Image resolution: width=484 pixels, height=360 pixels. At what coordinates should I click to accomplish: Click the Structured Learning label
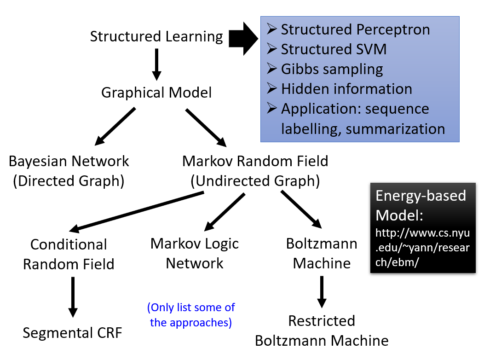pyautogui.click(x=156, y=37)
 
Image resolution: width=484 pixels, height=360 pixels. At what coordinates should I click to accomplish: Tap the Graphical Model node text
pyautogui.click(x=156, y=93)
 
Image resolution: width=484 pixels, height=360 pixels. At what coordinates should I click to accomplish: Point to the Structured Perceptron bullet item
pyautogui.click(x=355, y=30)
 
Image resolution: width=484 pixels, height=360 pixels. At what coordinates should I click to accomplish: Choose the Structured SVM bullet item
pyautogui.click(x=333, y=49)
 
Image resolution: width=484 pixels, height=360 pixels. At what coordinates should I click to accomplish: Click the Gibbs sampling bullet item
pyautogui.click(x=331, y=69)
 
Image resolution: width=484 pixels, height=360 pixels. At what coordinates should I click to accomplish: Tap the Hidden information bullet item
pyautogui.click(x=346, y=89)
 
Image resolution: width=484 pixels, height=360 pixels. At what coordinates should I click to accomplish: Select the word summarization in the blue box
pyautogui.click(x=396, y=129)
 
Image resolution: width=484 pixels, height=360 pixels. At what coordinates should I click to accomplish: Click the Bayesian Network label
pyautogui.click(x=69, y=162)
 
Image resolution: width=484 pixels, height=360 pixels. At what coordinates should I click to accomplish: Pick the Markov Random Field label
pyautogui.click(x=255, y=162)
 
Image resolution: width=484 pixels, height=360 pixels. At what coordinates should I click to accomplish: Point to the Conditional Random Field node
pyautogui.click(x=69, y=254)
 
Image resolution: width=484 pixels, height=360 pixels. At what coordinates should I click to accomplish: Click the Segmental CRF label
pyautogui.click(x=73, y=332)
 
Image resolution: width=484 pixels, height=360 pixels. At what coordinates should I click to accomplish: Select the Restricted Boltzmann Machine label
pyautogui.click(x=322, y=331)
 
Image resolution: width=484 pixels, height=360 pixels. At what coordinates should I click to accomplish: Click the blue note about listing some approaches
pyautogui.click(x=191, y=315)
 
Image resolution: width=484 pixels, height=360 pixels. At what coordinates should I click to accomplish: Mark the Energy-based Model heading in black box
pyautogui.click(x=421, y=205)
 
